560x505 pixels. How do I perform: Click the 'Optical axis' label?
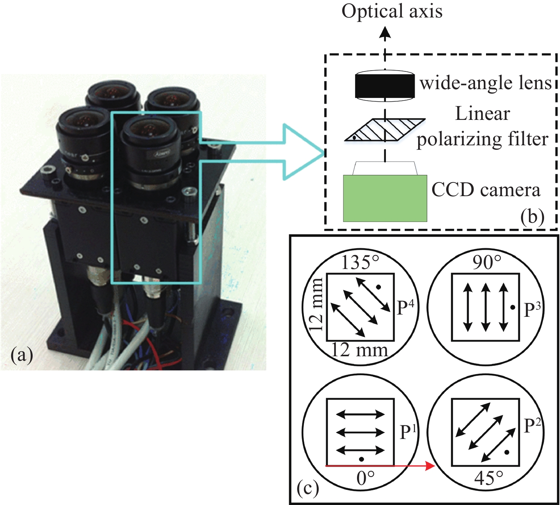(x=392, y=11)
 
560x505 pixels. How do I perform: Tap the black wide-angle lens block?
(x=384, y=86)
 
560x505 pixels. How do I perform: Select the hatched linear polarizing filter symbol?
(x=384, y=130)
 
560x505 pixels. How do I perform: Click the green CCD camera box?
(x=385, y=198)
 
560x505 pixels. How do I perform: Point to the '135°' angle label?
(x=360, y=263)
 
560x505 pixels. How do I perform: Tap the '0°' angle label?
(x=365, y=479)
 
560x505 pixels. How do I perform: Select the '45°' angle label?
(x=489, y=479)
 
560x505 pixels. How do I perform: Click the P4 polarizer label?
(x=405, y=308)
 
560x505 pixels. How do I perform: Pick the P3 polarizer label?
(x=532, y=310)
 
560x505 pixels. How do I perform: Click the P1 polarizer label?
(x=408, y=432)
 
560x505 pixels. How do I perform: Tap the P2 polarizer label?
(x=532, y=426)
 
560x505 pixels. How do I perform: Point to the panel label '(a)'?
(x=22, y=356)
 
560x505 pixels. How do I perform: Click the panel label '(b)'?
(x=532, y=217)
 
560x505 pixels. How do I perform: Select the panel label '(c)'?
(x=308, y=488)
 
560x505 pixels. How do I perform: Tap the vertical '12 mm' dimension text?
(x=316, y=305)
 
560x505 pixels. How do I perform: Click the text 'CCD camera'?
(x=486, y=190)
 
